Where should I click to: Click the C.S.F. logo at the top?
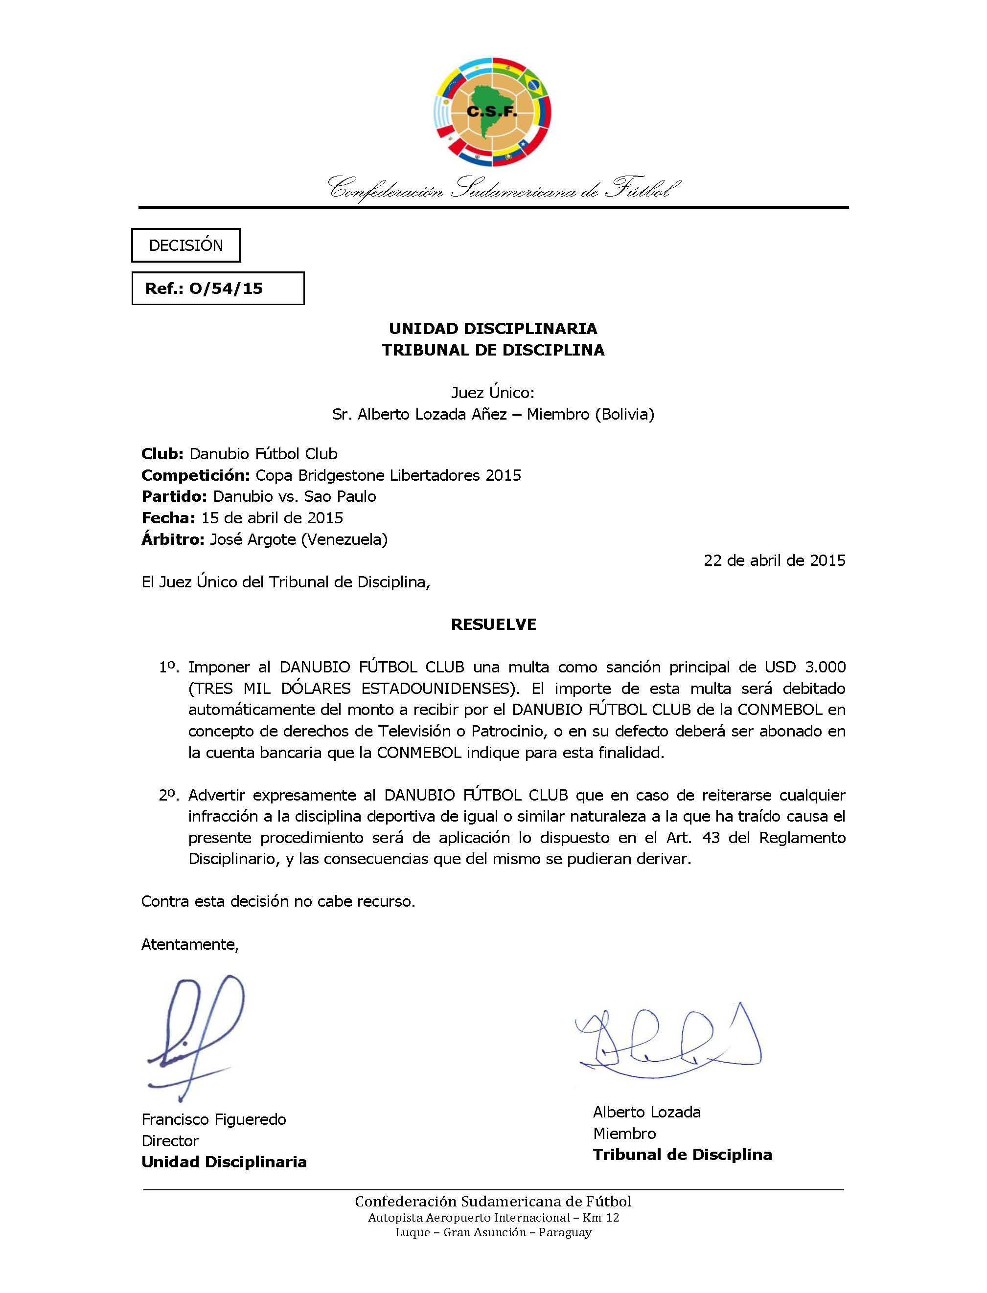pyautogui.click(x=492, y=111)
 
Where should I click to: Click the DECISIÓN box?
pyautogui.click(x=185, y=245)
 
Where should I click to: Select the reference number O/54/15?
pyautogui.click(x=226, y=289)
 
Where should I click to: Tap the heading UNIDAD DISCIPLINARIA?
pyautogui.click(x=493, y=328)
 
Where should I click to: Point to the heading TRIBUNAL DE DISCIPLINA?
pyautogui.click(x=493, y=350)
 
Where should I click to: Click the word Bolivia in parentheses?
pyautogui.click(x=624, y=415)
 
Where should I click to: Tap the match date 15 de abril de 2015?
pyautogui.click(x=272, y=518)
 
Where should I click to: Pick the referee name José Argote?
pyautogui.click(x=252, y=539)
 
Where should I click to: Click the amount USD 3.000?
pyautogui.click(x=805, y=667)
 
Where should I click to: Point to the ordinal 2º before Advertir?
pyautogui.click(x=168, y=796)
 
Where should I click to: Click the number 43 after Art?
pyautogui.click(x=711, y=838)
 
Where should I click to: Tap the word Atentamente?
pyautogui.click(x=190, y=944)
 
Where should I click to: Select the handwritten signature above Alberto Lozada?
pyautogui.click(x=667, y=1039)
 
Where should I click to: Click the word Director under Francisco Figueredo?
pyautogui.click(x=170, y=1141)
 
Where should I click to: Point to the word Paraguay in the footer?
pyautogui.click(x=565, y=1232)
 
